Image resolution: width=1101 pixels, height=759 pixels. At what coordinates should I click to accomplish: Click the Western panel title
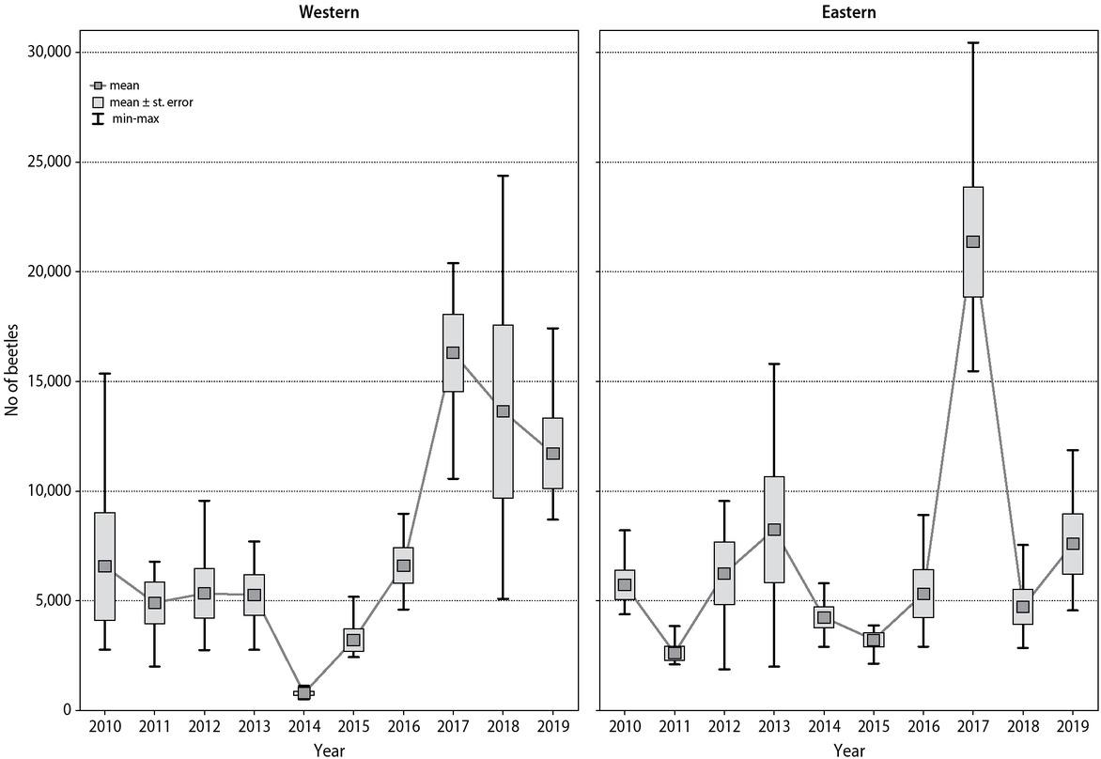[329, 12]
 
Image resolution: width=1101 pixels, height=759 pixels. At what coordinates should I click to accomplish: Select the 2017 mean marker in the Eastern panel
[972, 241]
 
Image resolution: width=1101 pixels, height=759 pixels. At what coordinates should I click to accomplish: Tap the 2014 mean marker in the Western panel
[303, 692]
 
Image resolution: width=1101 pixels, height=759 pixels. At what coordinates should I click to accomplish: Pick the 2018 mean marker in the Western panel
[503, 410]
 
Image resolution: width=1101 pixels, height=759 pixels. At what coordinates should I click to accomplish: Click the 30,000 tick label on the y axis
[45, 52]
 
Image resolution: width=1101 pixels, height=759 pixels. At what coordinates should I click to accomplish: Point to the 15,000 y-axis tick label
[45, 381]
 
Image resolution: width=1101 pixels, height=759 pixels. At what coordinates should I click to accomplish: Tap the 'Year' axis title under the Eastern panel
[849, 750]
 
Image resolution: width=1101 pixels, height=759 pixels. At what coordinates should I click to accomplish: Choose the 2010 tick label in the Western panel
[104, 728]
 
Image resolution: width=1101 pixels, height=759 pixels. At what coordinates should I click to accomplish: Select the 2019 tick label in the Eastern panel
[1073, 728]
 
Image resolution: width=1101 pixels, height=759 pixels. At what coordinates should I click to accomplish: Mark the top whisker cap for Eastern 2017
[972, 42]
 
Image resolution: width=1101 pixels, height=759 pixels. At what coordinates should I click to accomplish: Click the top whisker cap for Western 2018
[503, 176]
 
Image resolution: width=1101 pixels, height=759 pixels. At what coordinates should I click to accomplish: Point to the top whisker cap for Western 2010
[104, 373]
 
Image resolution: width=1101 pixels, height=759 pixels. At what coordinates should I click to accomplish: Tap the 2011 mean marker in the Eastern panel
[675, 653]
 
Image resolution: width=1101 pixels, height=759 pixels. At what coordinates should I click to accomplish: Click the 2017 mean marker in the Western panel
[453, 352]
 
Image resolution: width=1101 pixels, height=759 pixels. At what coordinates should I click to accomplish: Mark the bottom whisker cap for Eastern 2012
[724, 669]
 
